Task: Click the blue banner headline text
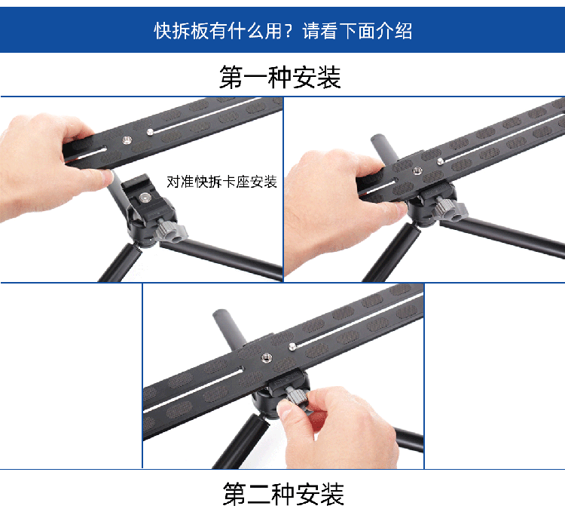point(282,30)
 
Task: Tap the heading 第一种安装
point(280,77)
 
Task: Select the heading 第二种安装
point(283,494)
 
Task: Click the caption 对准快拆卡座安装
point(221,182)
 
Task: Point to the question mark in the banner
point(289,31)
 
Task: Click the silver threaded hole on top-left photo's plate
point(127,140)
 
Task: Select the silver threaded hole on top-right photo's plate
point(417,171)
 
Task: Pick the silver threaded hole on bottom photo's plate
point(266,358)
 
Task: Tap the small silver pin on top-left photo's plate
point(151,132)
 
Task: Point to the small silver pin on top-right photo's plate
point(440,161)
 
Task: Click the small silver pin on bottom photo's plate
point(292,347)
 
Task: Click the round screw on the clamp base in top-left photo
point(145,198)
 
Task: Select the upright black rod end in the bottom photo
point(219,314)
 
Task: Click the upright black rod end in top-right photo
point(378,139)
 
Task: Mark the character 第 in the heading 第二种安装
point(234,494)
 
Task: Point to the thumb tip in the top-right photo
point(399,209)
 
